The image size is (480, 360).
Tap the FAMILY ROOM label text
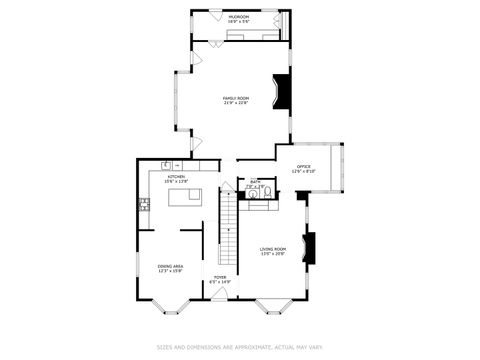[x=237, y=99]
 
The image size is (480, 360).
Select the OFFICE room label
[x=303, y=168]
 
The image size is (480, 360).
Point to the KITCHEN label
[x=176, y=178]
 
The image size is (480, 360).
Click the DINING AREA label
[x=170, y=268]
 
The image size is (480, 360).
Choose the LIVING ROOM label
[x=273, y=251]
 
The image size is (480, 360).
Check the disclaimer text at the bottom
[x=240, y=348]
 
